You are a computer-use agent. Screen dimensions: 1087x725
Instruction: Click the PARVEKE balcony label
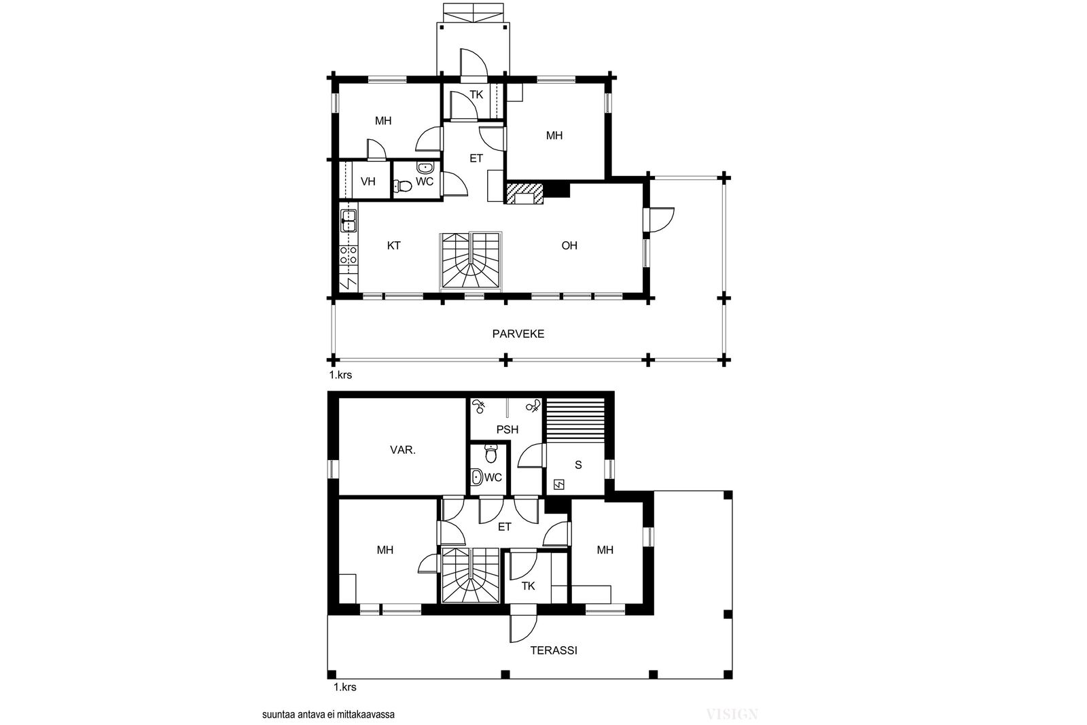pos(518,334)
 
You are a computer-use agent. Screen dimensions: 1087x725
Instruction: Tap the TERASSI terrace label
pos(554,650)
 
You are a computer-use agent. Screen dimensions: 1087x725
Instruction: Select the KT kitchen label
pos(393,245)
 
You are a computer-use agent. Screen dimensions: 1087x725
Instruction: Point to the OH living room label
pos(569,245)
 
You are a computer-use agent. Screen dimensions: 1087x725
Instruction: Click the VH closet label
pos(368,181)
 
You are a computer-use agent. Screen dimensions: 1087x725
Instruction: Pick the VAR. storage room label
pos(403,450)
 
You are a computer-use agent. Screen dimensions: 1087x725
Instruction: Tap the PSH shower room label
pos(507,429)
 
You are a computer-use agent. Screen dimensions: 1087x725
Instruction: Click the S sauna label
pos(578,465)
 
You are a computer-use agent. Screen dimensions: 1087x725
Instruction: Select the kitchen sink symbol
pos(349,221)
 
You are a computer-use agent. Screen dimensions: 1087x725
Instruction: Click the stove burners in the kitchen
pos(349,255)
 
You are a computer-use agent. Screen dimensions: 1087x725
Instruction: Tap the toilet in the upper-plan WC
pos(402,185)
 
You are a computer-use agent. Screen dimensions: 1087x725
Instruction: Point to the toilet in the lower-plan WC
pos(491,454)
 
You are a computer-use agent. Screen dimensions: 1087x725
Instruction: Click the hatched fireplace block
pos(524,194)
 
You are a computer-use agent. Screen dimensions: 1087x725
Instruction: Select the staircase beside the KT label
pos(471,262)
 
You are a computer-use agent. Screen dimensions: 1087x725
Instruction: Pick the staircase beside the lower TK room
pos(470,575)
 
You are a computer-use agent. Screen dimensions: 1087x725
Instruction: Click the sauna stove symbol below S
pos(559,484)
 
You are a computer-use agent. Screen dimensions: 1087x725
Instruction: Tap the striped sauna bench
pos(576,420)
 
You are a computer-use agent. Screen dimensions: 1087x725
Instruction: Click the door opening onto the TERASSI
pos(523,629)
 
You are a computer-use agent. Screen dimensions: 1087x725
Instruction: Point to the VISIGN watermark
pos(732,714)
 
